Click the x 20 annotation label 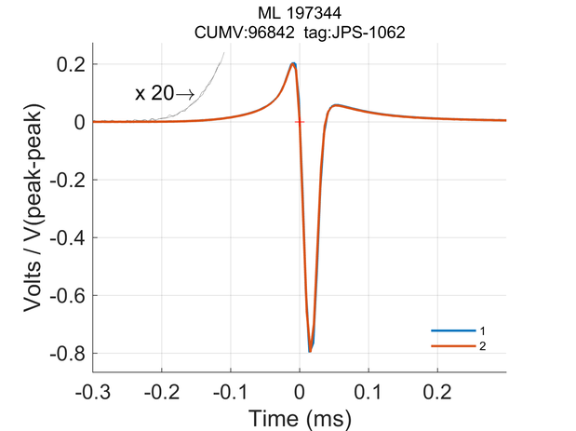pos(154,93)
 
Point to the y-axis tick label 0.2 pos(72,64)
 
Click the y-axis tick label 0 pos(80,122)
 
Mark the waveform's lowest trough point pos(310,351)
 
